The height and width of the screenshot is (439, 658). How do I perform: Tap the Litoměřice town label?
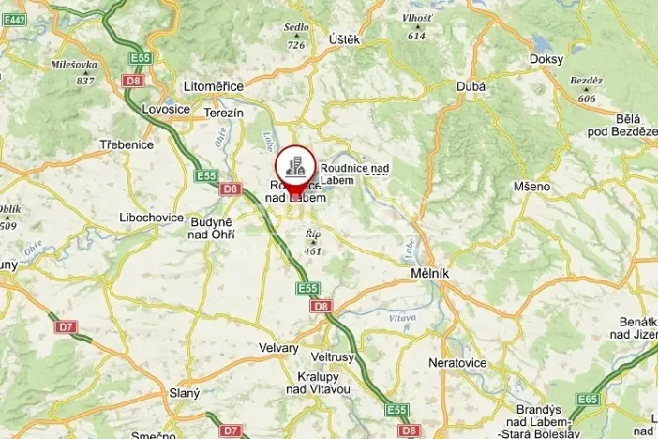[x=215, y=86]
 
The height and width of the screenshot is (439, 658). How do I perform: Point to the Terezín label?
[x=224, y=113]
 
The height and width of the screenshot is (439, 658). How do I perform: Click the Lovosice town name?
[x=166, y=109]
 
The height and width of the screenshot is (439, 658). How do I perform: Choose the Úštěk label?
[x=343, y=39]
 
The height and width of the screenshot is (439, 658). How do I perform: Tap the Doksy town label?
[x=546, y=59]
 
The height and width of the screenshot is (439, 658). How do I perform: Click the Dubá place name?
[x=471, y=87]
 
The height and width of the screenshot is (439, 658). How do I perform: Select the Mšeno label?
[x=531, y=187]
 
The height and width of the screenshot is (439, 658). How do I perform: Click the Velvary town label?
[x=278, y=348]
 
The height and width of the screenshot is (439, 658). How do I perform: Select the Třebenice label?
[x=127, y=145]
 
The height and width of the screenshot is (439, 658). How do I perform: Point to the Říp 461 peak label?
[x=312, y=245]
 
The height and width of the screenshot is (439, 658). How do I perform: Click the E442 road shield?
[x=15, y=18]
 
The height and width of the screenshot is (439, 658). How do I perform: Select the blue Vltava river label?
[x=401, y=319]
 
